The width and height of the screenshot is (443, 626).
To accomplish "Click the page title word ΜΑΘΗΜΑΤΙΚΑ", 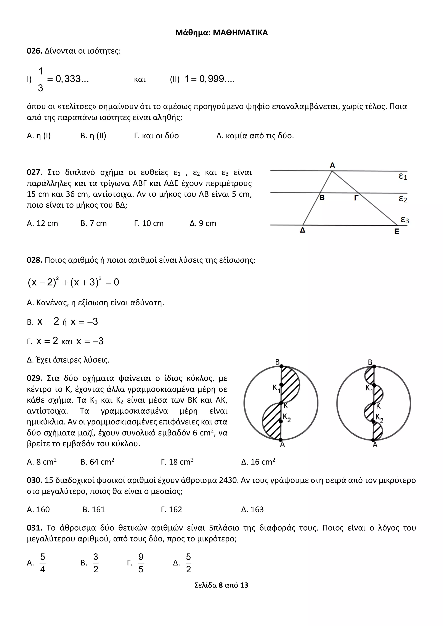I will click(240, 33).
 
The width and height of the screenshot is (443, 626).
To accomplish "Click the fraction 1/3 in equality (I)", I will click(40, 80).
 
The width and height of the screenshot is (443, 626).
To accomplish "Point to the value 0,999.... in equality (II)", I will click(217, 79).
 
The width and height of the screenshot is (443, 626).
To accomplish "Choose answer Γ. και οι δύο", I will click(156, 136).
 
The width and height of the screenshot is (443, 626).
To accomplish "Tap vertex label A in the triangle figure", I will click(332, 165).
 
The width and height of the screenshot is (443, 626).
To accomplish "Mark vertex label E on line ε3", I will click(397, 231).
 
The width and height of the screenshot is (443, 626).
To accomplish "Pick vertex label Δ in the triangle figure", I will click(303, 230).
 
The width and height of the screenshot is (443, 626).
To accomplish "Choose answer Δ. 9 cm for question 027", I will click(203, 223).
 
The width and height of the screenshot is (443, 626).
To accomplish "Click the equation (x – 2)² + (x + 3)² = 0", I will click(73, 282).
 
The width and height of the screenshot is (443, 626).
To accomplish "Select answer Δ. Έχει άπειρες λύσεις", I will click(68, 360).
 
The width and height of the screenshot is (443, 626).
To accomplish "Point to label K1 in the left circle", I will click(276, 388).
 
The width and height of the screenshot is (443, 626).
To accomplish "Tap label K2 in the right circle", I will click(379, 417).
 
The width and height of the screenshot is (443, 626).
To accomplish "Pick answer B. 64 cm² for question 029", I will click(97, 462).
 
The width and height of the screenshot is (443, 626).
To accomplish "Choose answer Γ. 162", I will click(171, 509).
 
